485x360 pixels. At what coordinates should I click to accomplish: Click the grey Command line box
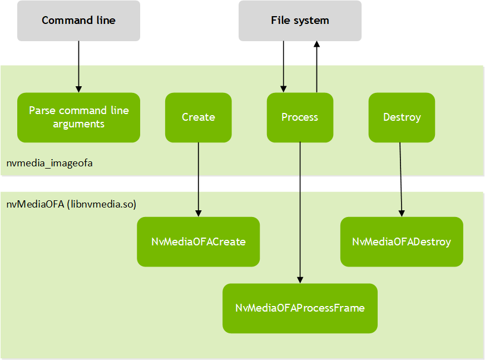click(x=78, y=21)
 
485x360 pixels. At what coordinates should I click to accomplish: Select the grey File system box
click(x=300, y=21)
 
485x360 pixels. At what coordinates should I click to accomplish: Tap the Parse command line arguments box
click(x=78, y=117)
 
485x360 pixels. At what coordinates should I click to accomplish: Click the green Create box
click(x=198, y=117)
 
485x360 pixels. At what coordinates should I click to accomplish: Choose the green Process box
click(x=300, y=117)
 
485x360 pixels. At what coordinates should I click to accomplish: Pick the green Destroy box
click(x=402, y=117)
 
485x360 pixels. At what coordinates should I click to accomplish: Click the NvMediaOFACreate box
click(x=198, y=241)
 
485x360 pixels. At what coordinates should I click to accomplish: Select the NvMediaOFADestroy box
click(x=402, y=241)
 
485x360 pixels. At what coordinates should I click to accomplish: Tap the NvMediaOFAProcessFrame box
click(x=300, y=308)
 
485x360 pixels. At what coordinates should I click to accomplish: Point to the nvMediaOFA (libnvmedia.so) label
click(x=71, y=204)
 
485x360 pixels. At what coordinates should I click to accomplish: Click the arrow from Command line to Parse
click(x=78, y=67)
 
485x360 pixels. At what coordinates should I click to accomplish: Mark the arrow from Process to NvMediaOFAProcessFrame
click(x=300, y=211)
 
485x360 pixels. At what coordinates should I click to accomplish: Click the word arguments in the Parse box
click(x=78, y=124)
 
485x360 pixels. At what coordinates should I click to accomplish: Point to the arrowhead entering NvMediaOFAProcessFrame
click(x=300, y=280)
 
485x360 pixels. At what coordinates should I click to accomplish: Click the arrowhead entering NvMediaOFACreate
click(x=198, y=214)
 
